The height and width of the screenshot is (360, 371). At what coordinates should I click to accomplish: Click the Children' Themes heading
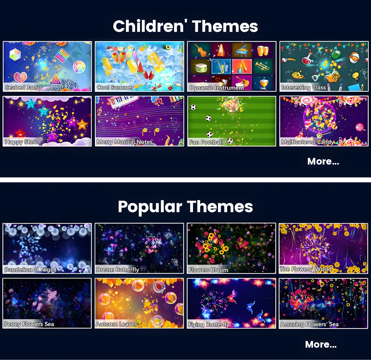point(185,26)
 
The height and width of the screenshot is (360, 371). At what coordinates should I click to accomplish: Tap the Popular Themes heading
point(185,207)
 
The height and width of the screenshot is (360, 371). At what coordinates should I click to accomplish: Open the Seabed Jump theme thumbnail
point(47,66)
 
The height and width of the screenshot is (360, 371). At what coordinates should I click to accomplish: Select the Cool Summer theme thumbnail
point(139,66)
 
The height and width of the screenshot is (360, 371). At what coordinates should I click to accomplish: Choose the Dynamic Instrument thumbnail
point(232,66)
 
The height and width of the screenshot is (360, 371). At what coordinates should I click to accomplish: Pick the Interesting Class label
point(303,88)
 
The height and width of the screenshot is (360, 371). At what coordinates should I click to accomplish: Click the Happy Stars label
point(21,142)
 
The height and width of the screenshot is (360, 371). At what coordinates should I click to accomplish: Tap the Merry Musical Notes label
point(125,142)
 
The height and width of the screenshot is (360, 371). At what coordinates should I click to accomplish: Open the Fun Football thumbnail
point(232,121)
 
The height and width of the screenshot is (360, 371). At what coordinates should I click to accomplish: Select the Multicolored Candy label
point(307,142)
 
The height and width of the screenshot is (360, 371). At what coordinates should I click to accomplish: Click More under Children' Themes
point(323,161)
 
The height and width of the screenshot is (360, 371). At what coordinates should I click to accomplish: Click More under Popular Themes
point(321,344)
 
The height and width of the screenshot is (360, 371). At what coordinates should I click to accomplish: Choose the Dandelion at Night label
point(30,270)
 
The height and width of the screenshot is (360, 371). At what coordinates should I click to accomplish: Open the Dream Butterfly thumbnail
point(139,248)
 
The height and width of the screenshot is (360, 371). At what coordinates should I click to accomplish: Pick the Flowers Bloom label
point(208,270)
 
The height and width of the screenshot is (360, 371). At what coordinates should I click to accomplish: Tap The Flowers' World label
point(306,269)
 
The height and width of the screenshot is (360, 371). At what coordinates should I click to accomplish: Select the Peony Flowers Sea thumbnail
point(47,303)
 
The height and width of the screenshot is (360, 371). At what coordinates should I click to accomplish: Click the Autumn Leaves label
point(116,324)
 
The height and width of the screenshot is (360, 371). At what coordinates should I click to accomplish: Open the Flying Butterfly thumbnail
point(231,303)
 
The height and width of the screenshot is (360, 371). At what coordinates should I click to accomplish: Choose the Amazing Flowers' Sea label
point(309,324)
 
